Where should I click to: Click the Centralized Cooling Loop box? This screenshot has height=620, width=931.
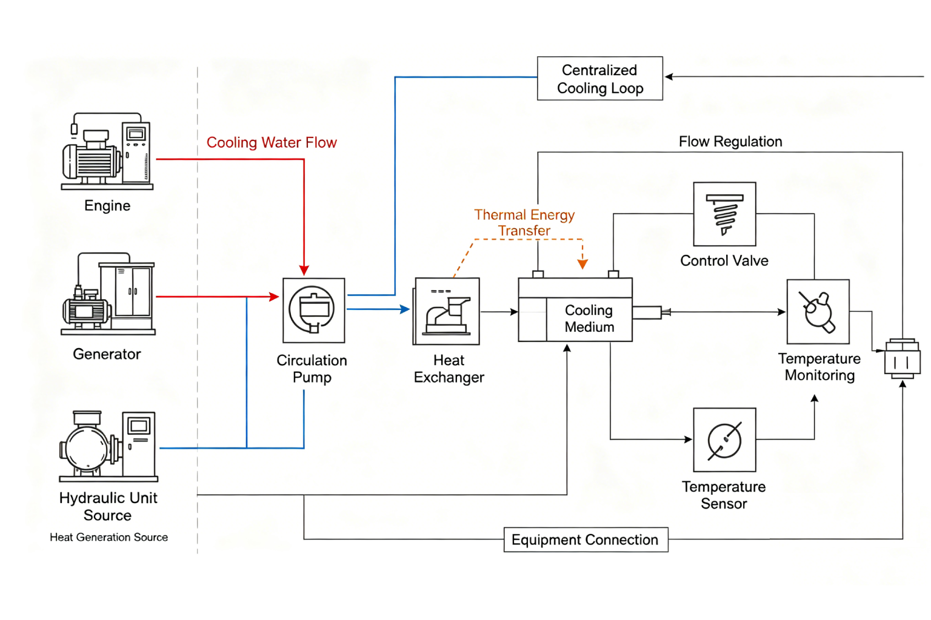tap(599, 79)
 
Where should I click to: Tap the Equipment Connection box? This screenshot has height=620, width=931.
tap(586, 539)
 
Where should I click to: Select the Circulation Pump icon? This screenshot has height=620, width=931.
tap(313, 311)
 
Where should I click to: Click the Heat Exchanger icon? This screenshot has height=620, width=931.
tap(447, 311)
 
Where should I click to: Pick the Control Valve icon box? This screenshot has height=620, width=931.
tap(724, 214)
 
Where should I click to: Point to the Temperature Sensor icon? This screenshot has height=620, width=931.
tap(724, 440)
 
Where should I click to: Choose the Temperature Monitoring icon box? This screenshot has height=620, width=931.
tap(818, 312)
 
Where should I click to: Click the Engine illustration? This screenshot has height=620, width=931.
tap(107, 152)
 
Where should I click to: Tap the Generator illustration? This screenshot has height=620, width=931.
tap(108, 294)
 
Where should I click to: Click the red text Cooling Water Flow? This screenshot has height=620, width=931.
tap(272, 143)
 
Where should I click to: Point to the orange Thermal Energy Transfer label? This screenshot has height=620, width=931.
tap(524, 223)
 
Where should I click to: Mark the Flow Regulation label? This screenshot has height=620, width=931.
tap(730, 142)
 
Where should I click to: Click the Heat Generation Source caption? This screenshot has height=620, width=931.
tap(109, 537)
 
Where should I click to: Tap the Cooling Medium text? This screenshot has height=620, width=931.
tap(589, 318)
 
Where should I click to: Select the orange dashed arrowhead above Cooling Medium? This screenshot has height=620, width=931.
tap(582, 264)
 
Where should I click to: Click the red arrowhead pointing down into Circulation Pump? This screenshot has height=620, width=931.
tap(304, 270)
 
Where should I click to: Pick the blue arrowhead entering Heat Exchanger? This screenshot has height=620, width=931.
tap(405, 309)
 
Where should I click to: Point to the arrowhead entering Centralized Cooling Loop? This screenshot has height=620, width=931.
tap(669, 77)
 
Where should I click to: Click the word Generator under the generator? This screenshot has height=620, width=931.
tap(107, 354)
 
